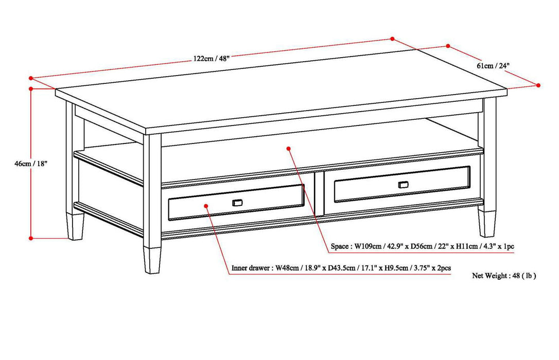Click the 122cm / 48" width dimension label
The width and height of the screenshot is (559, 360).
[212, 59]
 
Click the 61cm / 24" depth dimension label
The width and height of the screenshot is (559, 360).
[493, 66]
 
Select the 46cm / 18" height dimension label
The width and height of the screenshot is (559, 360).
[31, 164]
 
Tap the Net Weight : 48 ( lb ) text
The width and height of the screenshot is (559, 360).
[504, 276]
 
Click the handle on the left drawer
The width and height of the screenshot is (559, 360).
[237, 202]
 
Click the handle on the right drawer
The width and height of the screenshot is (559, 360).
[404, 184]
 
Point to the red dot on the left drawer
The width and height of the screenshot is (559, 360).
[205, 205]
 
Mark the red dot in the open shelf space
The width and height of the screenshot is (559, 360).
[289, 148]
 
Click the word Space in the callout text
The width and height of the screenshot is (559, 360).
[340, 247]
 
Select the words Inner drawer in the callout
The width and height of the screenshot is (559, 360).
[250, 268]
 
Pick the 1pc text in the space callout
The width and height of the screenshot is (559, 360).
[508, 247]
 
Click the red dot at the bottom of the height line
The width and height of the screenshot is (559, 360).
[31, 238]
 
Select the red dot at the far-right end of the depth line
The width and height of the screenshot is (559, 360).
[539, 85]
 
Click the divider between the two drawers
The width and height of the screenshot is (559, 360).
[319, 193]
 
